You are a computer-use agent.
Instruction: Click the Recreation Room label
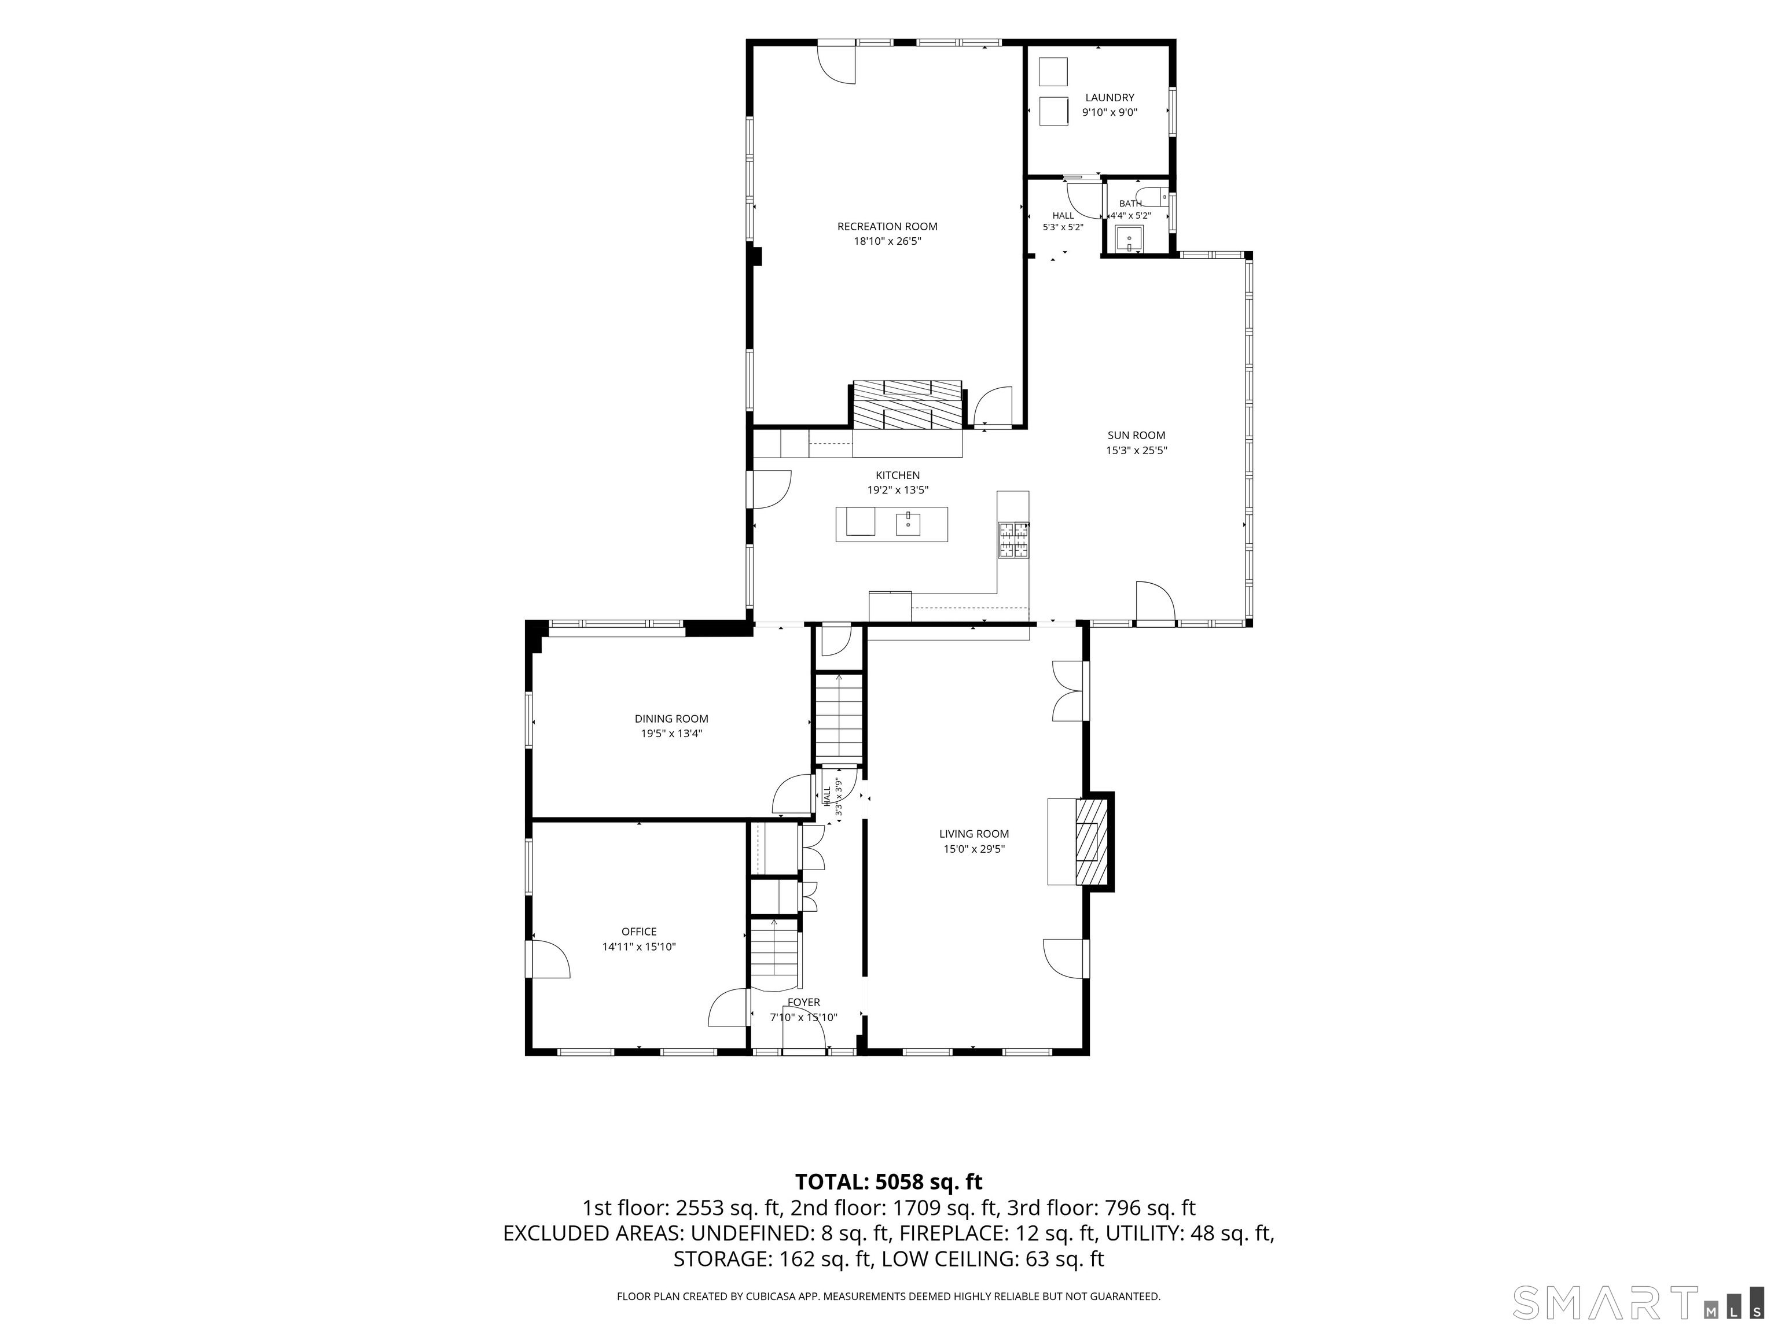[x=887, y=227]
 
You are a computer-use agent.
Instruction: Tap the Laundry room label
[x=1110, y=98]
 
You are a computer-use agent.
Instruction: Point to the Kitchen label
[x=898, y=476]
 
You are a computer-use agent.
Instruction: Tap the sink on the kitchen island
[x=908, y=524]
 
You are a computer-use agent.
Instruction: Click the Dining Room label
[x=671, y=719]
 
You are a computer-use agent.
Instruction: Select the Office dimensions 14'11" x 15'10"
[x=639, y=947]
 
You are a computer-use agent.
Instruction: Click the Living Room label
[x=974, y=834]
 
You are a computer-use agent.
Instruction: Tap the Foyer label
[x=804, y=1003]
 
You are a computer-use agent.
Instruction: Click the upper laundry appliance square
[x=1054, y=72]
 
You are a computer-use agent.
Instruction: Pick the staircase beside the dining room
[x=839, y=719]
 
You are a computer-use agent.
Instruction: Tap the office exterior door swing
[x=550, y=959]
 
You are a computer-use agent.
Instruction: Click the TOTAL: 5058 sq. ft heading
[x=888, y=1182]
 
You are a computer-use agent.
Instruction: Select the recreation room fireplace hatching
[x=908, y=406]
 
